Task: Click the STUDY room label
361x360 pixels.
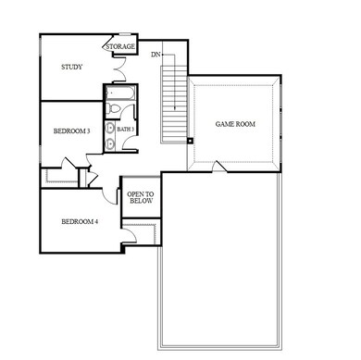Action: pyautogui.click(x=72, y=68)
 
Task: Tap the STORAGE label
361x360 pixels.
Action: pyautogui.click(x=120, y=46)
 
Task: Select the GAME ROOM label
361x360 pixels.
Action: pyautogui.click(x=235, y=124)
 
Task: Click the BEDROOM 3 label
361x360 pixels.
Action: pyautogui.click(x=71, y=132)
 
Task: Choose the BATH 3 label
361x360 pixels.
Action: pyautogui.click(x=126, y=130)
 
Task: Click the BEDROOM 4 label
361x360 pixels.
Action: pyautogui.click(x=80, y=222)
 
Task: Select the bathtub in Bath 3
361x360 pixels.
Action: pyautogui.click(x=120, y=93)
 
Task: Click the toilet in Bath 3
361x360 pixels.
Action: pyautogui.click(x=112, y=109)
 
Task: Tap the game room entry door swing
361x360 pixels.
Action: pyautogui.click(x=217, y=167)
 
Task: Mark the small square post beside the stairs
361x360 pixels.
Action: pyautogui.click(x=189, y=142)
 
